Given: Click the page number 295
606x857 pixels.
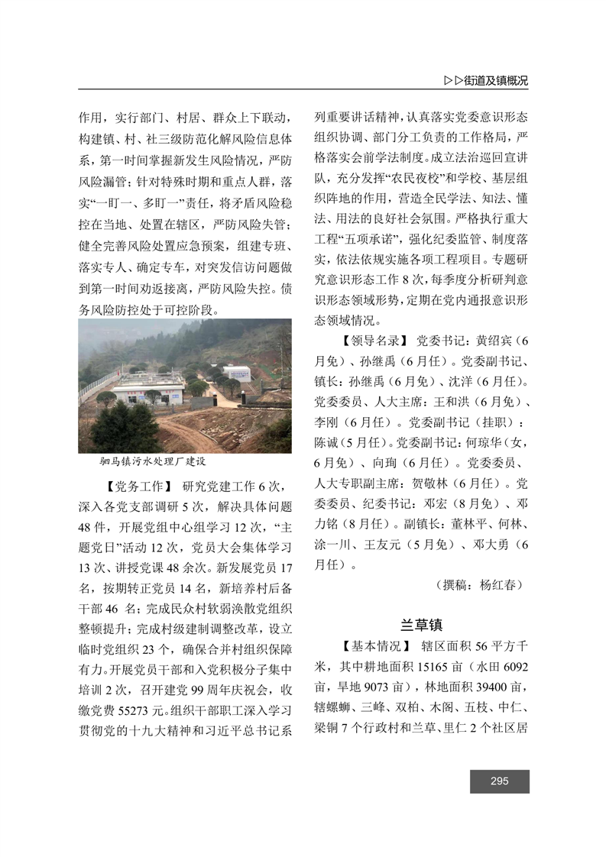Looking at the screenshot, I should point(500,781).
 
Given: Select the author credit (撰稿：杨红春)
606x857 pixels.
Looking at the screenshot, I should point(479,585).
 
